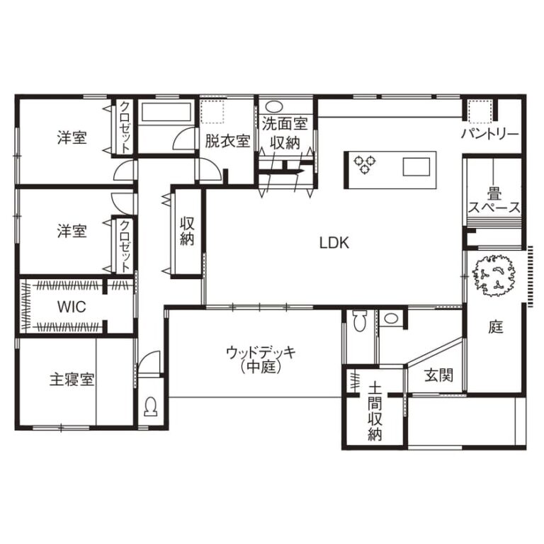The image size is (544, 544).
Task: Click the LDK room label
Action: pos(334,243)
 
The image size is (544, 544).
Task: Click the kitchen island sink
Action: pos(416,166)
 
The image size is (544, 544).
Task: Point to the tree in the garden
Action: pos(494,276)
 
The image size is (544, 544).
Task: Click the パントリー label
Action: pos(490,134)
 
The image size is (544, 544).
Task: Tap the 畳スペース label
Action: pos(494,200)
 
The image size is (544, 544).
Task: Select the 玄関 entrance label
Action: pos(438,375)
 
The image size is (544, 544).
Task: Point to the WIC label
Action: pos(72,307)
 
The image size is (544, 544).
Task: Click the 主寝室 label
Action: pos(72,380)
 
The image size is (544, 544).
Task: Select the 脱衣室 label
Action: pos(227,141)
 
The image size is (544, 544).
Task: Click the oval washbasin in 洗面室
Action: pos(275,106)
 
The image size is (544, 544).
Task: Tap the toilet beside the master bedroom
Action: pos(151,407)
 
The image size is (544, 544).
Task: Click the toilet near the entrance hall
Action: pos(360,321)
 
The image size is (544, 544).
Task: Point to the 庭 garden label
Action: pos(495,327)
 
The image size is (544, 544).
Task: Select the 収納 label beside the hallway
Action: pos(187,232)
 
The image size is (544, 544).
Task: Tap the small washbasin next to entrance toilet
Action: pos(391,318)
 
